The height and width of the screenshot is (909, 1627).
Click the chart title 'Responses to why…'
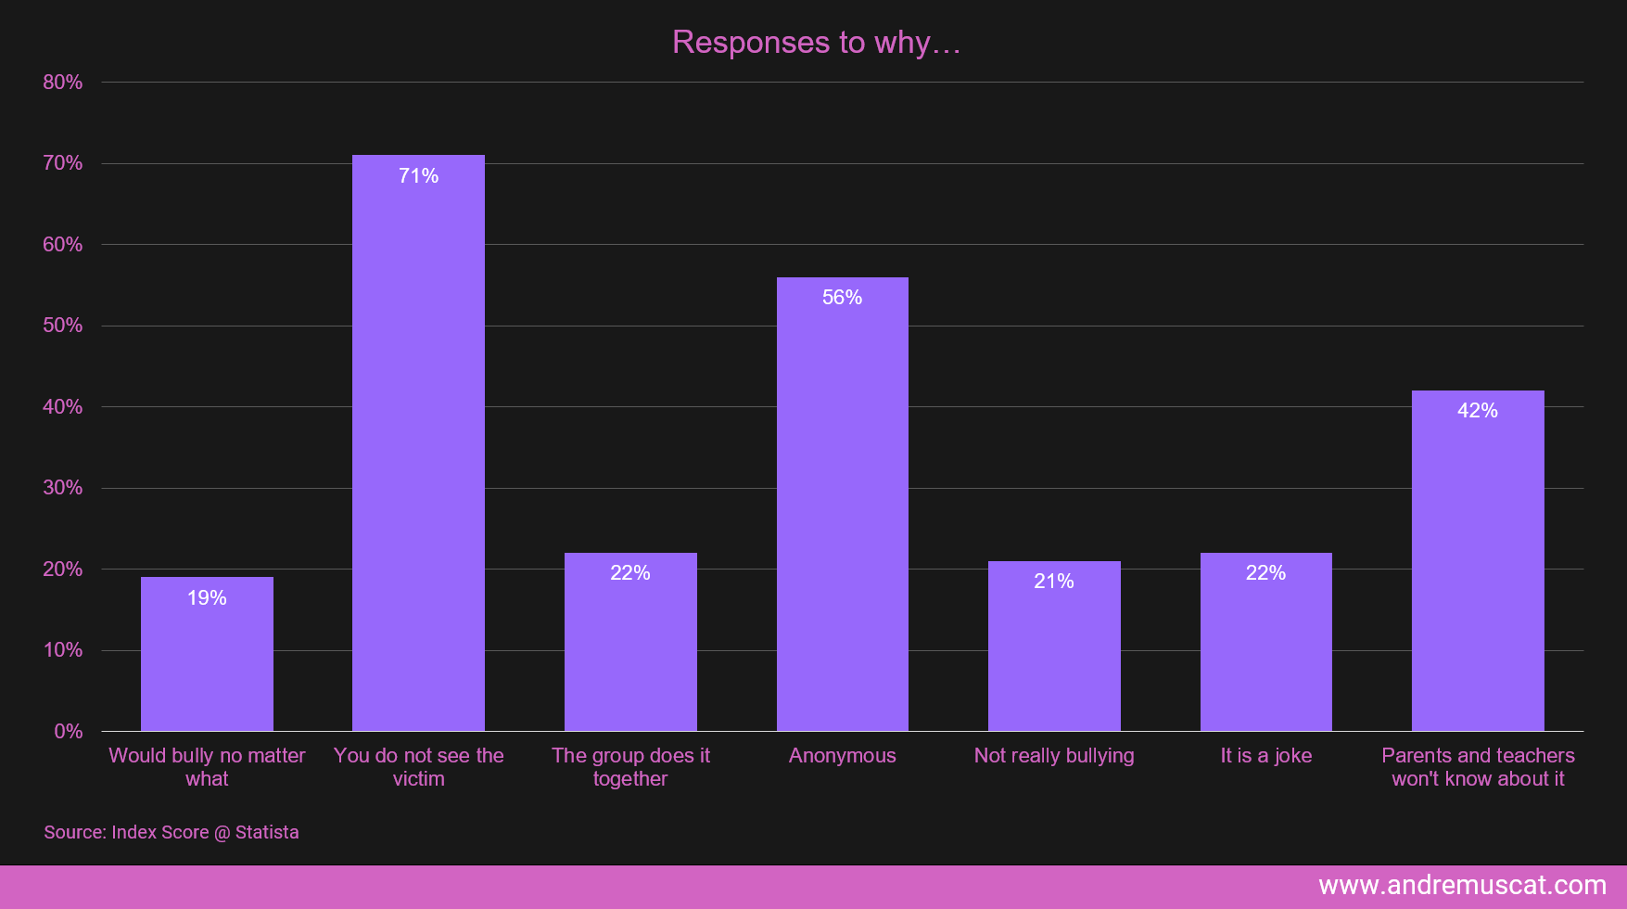[x=816, y=43]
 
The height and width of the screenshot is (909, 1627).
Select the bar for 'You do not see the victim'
[x=418, y=445]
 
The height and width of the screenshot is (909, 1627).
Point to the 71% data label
[x=418, y=176]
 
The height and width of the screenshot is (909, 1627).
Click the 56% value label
[x=842, y=298]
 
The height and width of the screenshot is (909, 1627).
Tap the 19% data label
[x=207, y=598]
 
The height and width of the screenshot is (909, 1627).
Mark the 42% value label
[x=1478, y=411]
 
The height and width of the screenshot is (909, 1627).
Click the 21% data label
[x=1054, y=582]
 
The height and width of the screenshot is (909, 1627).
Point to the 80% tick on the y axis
[x=63, y=83]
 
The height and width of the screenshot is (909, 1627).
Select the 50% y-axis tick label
[x=63, y=326]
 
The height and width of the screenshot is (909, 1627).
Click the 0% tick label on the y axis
[x=69, y=732]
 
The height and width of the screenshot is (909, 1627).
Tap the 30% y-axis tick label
[x=63, y=488]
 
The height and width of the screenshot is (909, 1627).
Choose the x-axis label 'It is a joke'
[x=1265, y=756]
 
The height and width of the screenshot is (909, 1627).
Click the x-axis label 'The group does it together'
[x=630, y=767]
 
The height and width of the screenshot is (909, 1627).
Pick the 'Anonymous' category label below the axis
[x=842, y=756]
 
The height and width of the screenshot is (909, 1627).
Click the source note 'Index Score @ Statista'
[x=172, y=832]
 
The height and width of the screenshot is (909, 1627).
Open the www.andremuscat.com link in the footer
[x=1462, y=886]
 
